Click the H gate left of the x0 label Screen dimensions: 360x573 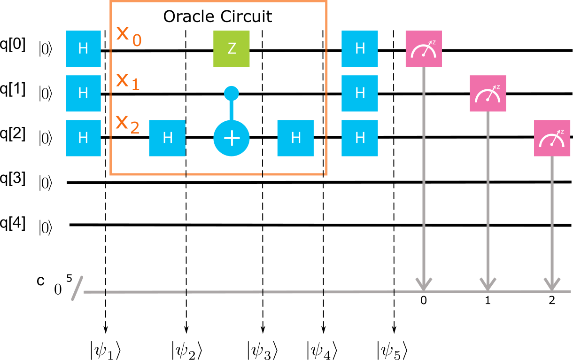83,48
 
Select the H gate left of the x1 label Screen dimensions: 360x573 83,93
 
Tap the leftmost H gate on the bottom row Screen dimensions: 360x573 83,138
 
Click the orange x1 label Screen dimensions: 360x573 128,81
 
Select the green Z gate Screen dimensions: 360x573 232,48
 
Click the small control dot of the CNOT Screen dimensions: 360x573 232,93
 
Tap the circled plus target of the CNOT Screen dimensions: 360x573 232,138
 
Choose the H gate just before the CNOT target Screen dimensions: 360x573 167,138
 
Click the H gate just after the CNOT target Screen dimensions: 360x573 295,138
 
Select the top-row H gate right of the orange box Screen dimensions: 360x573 360,48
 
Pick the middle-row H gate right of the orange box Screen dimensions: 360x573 360,93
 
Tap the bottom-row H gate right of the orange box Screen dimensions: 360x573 360,138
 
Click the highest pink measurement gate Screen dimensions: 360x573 424,48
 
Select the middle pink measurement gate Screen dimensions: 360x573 488,93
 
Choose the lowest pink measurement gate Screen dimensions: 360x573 552,138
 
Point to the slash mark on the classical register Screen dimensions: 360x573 77,288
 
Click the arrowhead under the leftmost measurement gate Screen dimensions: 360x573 424,285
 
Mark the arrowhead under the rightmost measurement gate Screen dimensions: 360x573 552,285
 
